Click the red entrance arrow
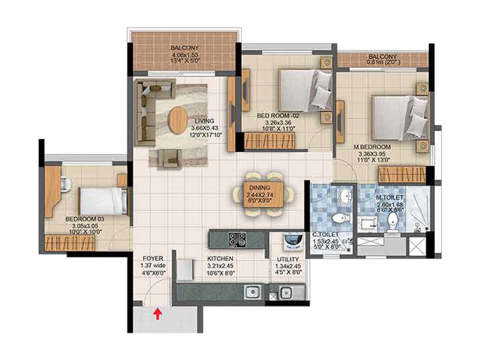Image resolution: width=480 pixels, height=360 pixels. click(158, 314)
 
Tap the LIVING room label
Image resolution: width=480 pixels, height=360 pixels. click(205, 121)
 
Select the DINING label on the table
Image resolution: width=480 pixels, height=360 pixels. click(260, 188)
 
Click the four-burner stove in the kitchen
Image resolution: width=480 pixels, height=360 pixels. click(237, 239)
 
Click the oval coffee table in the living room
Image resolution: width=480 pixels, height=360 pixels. click(178, 119)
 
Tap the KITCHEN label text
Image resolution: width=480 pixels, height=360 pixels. click(220, 259)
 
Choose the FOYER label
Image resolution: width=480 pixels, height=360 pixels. click(153, 259)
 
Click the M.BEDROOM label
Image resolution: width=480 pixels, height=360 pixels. click(372, 147)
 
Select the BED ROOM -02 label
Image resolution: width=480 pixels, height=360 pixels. click(278, 116)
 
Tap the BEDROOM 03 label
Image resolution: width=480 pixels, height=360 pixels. click(85, 219)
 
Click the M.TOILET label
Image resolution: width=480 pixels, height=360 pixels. click(389, 198)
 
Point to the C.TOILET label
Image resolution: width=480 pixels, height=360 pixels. click(325, 235)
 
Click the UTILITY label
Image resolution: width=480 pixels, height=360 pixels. click(288, 259)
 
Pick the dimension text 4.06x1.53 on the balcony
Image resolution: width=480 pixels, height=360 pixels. click(185, 55)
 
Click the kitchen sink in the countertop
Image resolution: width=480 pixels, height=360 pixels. click(254, 292)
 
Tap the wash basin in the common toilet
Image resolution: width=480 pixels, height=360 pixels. click(346, 194)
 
